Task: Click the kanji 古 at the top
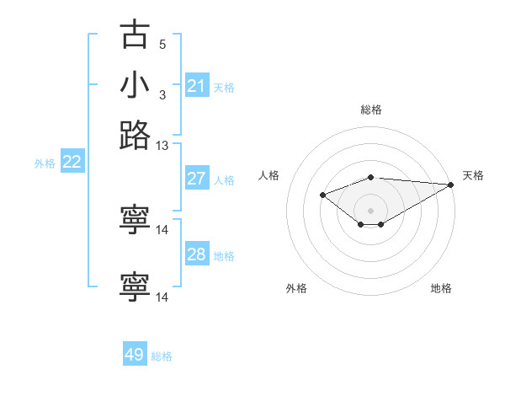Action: [x=135, y=35]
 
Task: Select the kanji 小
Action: [x=135, y=86]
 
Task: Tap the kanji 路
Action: [x=135, y=136]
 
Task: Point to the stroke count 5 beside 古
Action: [x=162, y=45]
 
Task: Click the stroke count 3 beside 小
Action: [x=162, y=94]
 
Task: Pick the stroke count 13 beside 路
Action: [x=162, y=145]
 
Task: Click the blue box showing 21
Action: [x=197, y=86]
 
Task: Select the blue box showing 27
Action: [x=197, y=179]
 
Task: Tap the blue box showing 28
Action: [x=197, y=254]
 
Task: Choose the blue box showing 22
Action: [x=72, y=163]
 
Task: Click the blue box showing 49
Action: [x=135, y=356]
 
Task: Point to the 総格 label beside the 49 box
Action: [x=162, y=356]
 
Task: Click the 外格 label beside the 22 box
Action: [x=45, y=163]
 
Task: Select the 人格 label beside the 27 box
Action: [x=224, y=179]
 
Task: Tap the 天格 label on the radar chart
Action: [x=473, y=175]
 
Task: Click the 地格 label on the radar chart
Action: [x=441, y=288]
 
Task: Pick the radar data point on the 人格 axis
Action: [x=322, y=195]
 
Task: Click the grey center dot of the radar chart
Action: [x=371, y=210]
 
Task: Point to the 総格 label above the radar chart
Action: [x=371, y=110]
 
